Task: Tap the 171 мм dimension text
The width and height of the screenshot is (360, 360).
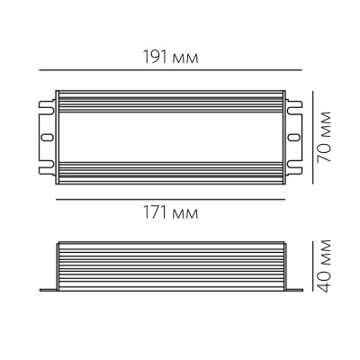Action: (x=170, y=214)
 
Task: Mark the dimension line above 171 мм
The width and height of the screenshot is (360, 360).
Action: (x=171, y=198)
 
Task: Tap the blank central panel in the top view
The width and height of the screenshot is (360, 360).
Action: (x=170, y=137)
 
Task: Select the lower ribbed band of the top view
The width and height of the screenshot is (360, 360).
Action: (x=170, y=175)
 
